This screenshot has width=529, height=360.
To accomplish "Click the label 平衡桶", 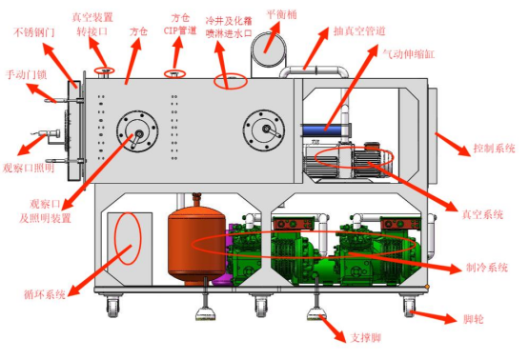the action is coord(282,14).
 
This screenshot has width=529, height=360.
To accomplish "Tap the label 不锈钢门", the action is coord(33,32).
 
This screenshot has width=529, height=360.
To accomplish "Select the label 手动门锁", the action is coord(26,74).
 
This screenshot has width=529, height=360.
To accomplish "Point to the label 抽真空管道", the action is coord(359,31).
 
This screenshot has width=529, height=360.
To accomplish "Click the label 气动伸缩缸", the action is coord(408,54).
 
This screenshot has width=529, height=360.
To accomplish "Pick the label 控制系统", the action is coord(495,148).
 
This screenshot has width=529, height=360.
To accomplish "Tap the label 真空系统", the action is coord(482,214).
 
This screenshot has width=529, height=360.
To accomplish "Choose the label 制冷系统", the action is coord(487,268).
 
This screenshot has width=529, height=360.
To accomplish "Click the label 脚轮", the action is coord(474,318).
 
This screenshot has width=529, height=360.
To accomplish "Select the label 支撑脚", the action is coord(366,337).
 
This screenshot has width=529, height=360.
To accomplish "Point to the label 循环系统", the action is coord(45,294).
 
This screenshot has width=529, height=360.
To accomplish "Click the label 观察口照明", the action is coord(29,168).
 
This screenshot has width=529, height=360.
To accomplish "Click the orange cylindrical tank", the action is coord(196,242).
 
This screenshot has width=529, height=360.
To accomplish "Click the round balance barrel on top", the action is coord(269,50).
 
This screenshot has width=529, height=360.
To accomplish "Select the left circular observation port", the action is coord(137,131).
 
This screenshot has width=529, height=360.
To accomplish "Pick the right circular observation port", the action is coord(264,130).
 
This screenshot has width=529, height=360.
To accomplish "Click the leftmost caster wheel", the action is coord(113,306).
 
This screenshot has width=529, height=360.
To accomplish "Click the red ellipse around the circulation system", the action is coord(114,238).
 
